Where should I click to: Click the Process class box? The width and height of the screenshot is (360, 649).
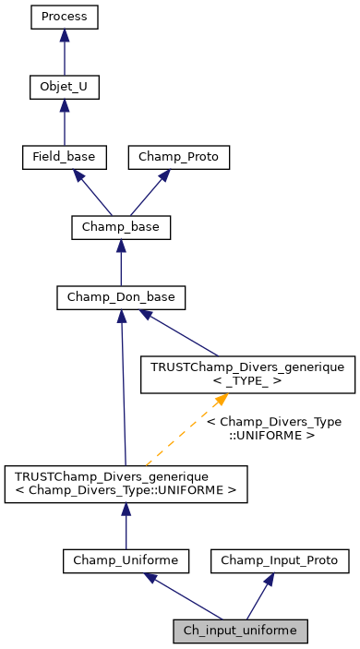[x=64, y=18]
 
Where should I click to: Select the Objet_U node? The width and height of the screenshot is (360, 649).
[x=64, y=88]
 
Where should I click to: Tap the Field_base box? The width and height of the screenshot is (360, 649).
[x=64, y=158]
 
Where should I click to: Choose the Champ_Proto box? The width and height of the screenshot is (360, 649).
[x=178, y=158]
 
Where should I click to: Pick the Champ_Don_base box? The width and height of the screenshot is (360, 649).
[x=121, y=298]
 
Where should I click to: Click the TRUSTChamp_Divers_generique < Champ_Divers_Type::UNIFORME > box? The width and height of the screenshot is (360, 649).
[x=126, y=485]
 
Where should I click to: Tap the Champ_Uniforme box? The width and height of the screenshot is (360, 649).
[x=126, y=559]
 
